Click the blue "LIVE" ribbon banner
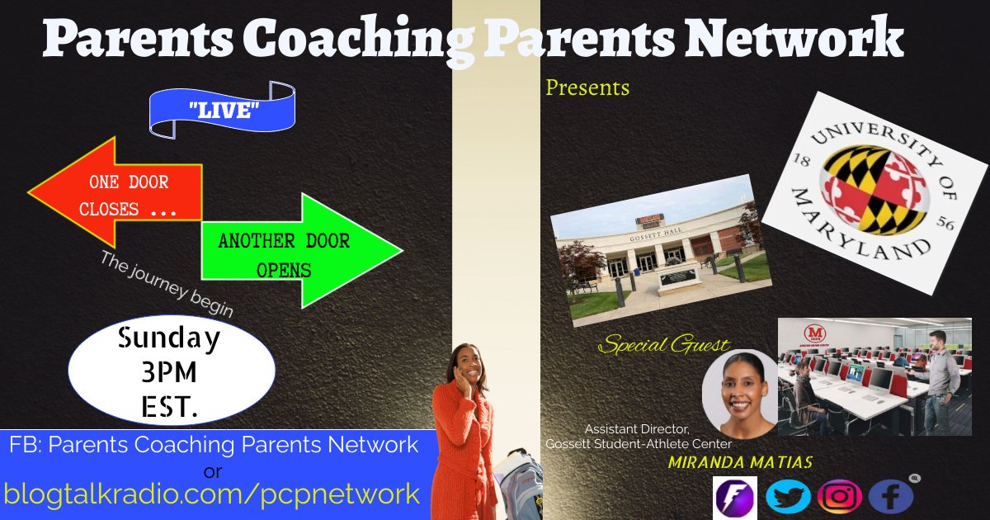tap(221, 109)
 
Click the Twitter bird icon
tap(787, 497)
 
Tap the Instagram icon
tap(840, 497)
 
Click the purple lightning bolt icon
tap(734, 497)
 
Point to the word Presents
tap(587, 87)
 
